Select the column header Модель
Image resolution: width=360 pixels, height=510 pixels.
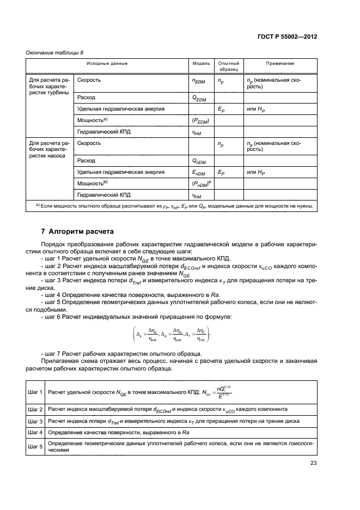pyautogui.click(x=201, y=63)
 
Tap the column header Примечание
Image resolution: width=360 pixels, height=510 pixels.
pyautogui.click(x=280, y=63)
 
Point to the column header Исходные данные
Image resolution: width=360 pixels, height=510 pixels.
pyautogui.click(x=107, y=63)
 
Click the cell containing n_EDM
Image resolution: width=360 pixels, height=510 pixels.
pyautogui.click(x=201, y=82)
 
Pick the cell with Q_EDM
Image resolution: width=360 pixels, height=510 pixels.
pyautogui.click(x=201, y=98)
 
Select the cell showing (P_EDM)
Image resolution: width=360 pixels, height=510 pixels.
pyautogui.click(x=201, y=120)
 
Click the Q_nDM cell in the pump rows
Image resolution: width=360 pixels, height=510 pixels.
pyautogui.click(x=201, y=161)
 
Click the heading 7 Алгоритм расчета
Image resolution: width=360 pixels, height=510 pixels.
pyautogui.click(x=69, y=231)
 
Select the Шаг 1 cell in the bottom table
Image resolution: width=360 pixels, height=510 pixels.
pyautogui.click(x=35, y=392)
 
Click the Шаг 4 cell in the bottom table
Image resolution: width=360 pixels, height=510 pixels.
pyautogui.click(x=35, y=432)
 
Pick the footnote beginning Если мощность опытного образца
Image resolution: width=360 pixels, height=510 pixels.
pyautogui.click(x=170, y=206)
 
